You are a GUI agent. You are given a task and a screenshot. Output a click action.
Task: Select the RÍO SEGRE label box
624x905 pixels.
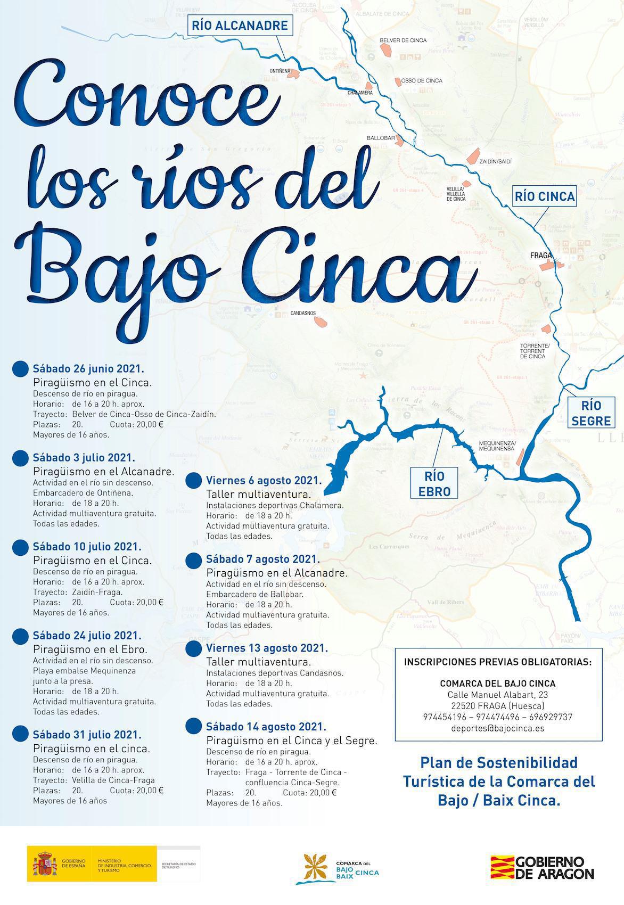tap(590, 413)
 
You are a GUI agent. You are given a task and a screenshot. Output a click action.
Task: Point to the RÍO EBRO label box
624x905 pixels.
tap(434, 483)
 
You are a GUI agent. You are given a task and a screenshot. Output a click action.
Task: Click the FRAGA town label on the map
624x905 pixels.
tap(540, 256)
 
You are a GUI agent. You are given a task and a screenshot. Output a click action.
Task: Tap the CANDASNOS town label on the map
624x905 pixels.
tap(303, 314)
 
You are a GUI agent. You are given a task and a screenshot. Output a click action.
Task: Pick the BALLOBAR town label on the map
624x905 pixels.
tap(381, 138)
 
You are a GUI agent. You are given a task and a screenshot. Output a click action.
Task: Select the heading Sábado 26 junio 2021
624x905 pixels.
tap(88, 368)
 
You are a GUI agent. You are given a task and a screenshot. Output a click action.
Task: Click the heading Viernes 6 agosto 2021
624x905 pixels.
tap(264, 481)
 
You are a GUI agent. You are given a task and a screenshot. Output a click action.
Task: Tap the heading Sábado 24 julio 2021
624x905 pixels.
tap(87, 636)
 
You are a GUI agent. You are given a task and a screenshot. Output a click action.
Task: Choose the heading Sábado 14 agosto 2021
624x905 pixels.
tap(266, 727)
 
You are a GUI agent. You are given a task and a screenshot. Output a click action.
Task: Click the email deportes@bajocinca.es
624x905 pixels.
tap(498, 728)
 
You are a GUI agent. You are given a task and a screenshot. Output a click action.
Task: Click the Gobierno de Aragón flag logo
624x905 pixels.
tap(502, 867)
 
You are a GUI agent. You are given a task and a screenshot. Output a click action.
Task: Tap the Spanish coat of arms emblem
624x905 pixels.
tap(44, 863)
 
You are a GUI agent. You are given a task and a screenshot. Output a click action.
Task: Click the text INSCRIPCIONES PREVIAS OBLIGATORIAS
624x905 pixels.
tap(498, 662)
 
